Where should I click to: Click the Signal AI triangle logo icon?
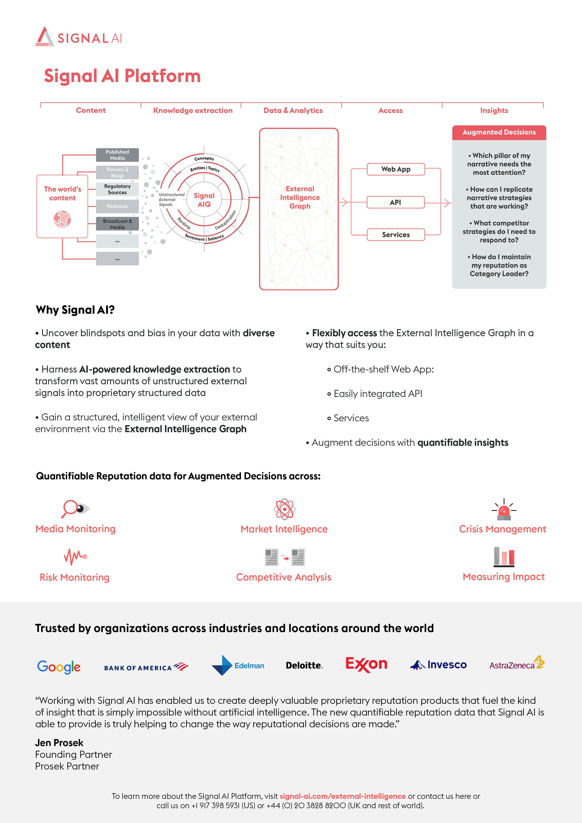(x=44, y=37)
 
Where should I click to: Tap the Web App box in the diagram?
(x=395, y=169)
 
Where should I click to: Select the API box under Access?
(x=395, y=202)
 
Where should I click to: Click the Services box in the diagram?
(x=395, y=235)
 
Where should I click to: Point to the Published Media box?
(x=117, y=155)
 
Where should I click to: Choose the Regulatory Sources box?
(x=117, y=189)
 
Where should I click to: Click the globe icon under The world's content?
(x=62, y=219)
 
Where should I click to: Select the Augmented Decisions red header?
(x=499, y=132)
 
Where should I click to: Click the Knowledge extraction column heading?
(x=193, y=110)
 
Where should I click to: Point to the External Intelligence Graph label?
(x=300, y=198)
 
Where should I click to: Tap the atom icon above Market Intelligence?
(x=284, y=509)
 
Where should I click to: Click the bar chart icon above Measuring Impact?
(x=504, y=557)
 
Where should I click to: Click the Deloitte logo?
(x=304, y=666)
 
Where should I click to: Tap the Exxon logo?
(x=366, y=664)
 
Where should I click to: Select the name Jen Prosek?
(x=59, y=742)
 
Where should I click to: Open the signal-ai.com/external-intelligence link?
(x=342, y=796)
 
